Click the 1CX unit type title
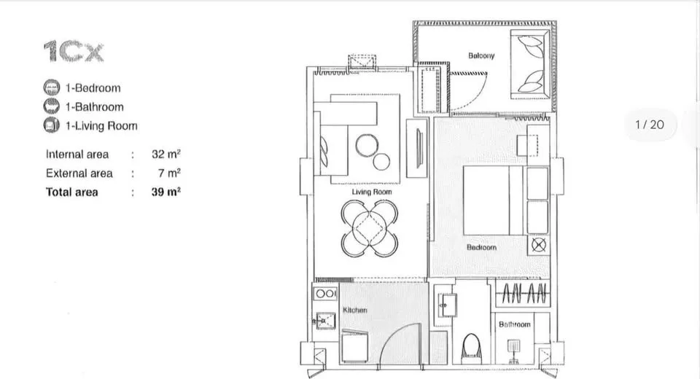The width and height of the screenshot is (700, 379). pos(74,51)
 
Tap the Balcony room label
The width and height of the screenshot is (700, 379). pos(481,56)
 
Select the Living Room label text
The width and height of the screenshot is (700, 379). pos(371,192)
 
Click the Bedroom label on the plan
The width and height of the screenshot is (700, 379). pos(481,247)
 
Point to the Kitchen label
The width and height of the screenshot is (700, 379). pos(355,310)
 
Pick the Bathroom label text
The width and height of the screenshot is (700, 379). pos(514,324)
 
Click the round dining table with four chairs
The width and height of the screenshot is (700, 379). pos(369,228)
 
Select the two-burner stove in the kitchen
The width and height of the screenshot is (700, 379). pos(325,294)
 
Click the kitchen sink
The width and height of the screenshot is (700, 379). pos(325,320)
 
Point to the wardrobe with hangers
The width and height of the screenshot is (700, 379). pos(523,293)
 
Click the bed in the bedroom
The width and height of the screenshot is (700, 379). pos(493,200)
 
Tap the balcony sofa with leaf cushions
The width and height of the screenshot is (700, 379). pos(530,64)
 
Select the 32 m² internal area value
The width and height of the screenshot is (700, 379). pos(166,154)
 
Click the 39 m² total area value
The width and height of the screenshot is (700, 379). pos(166,192)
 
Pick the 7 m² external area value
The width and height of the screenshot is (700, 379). pos(169,173)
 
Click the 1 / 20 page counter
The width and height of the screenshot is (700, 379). pos(650,125)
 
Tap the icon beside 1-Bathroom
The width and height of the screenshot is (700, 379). pos(51,106)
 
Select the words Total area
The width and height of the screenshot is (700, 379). pos(72,192)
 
